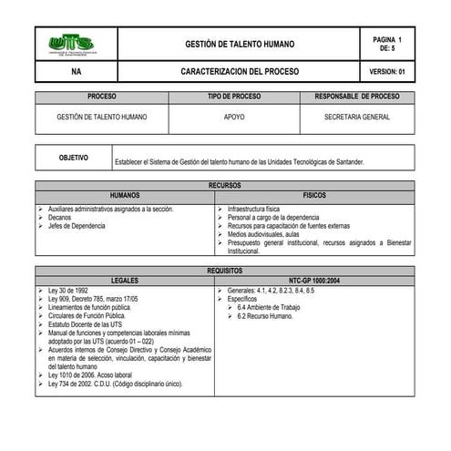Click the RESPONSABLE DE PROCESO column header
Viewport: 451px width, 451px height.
click(356, 97)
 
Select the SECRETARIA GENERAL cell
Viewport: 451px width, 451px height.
click(356, 117)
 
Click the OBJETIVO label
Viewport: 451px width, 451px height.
click(73, 158)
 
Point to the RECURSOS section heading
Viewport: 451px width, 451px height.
click(225, 185)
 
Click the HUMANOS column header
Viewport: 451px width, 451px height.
click(126, 195)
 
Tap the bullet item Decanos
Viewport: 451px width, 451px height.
click(61, 218)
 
